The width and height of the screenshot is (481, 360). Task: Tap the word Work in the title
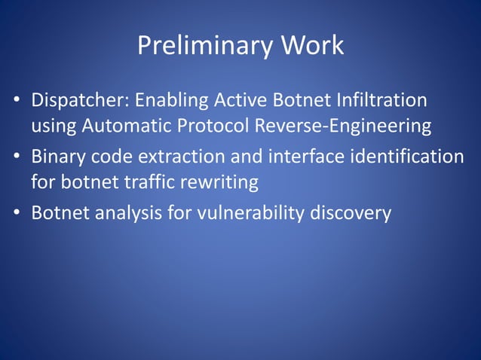(313, 46)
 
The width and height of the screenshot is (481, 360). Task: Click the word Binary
(59, 157)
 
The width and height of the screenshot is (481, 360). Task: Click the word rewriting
(222, 182)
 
